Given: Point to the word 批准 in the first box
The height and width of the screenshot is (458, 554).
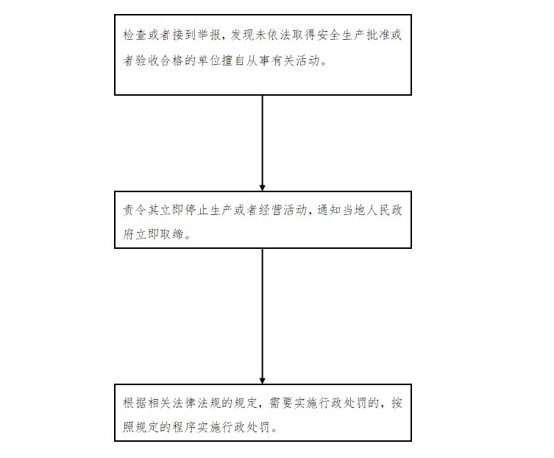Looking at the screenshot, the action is click(377, 35).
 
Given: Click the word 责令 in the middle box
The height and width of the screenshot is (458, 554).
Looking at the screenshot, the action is click(135, 210).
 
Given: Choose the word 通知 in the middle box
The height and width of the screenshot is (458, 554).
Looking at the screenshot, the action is click(330, 210).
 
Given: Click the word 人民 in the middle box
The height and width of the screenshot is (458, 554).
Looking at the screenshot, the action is click(379, 210).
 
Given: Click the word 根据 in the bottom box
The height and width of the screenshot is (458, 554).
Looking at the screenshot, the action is click(135, 403).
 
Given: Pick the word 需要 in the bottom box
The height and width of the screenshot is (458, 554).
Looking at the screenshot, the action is click(282, 403).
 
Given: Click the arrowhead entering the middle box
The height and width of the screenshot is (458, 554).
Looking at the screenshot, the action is click(262, 188).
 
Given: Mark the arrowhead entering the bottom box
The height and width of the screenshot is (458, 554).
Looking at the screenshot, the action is click(262, 381).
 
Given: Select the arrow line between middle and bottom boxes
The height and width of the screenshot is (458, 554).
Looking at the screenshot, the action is click(262, 316).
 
